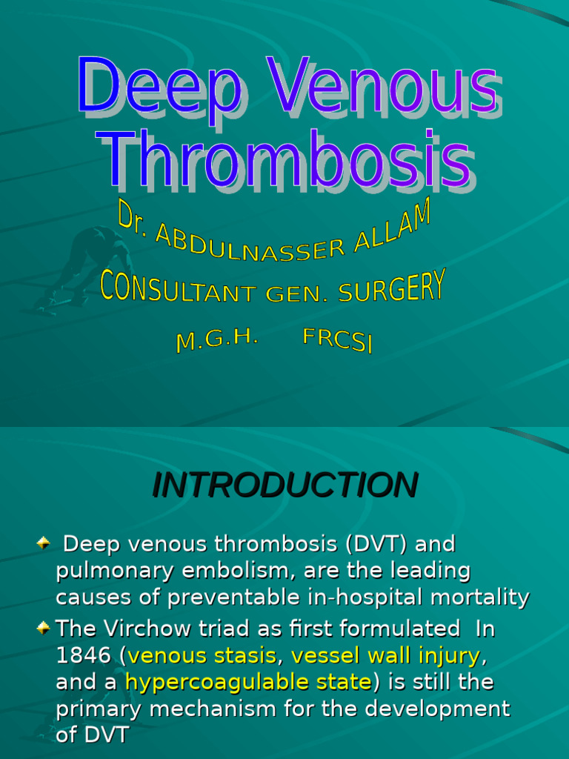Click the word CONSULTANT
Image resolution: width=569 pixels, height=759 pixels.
pos(178,289)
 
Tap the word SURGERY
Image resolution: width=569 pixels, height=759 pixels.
pos(392,288)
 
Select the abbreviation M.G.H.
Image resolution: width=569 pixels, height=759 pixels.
pos(216,340)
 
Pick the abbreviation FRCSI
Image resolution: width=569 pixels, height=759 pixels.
pos(337,340)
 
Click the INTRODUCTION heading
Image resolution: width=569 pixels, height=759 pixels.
pos(284,485)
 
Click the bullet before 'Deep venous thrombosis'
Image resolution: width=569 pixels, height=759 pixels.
pos(44,544)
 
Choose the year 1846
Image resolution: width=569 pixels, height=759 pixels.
pos(82,656)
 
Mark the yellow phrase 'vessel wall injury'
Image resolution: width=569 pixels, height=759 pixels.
pos(386,656)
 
